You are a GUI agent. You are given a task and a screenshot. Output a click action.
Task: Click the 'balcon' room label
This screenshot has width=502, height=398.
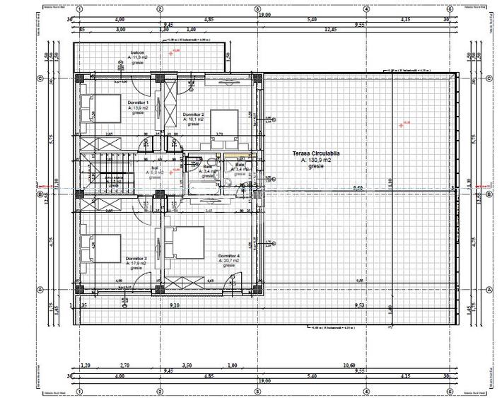pos(134,53)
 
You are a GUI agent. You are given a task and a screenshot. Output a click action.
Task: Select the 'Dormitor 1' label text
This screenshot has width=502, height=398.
pos(138,103)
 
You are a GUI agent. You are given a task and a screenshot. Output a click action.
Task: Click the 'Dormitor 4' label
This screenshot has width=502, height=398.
pos(229,255)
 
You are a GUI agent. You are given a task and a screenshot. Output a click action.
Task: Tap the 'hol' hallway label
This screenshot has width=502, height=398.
pos(154,168)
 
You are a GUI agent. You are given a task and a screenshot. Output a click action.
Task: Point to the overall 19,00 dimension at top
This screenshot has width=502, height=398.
pos(263,14)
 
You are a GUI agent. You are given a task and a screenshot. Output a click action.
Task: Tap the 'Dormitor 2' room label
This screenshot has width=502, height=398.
pos(193,115)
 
